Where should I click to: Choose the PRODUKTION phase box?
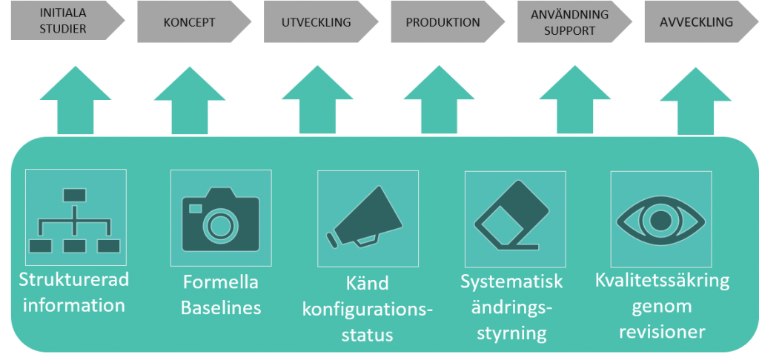pyautogui.click(x=443, y=21)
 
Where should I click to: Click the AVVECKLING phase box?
pyautogui.click(x=695, y=21)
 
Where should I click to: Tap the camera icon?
pyautogui.click(x=220, y=219)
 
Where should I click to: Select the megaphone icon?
pyautogui.click(x=367, y=219)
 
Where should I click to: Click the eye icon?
pyautogui.click(x=660, y=219)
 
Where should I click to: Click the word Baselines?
pyautogui.click(x=221, y=307)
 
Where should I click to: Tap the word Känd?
pyautogui.click(x=367, y=283)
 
